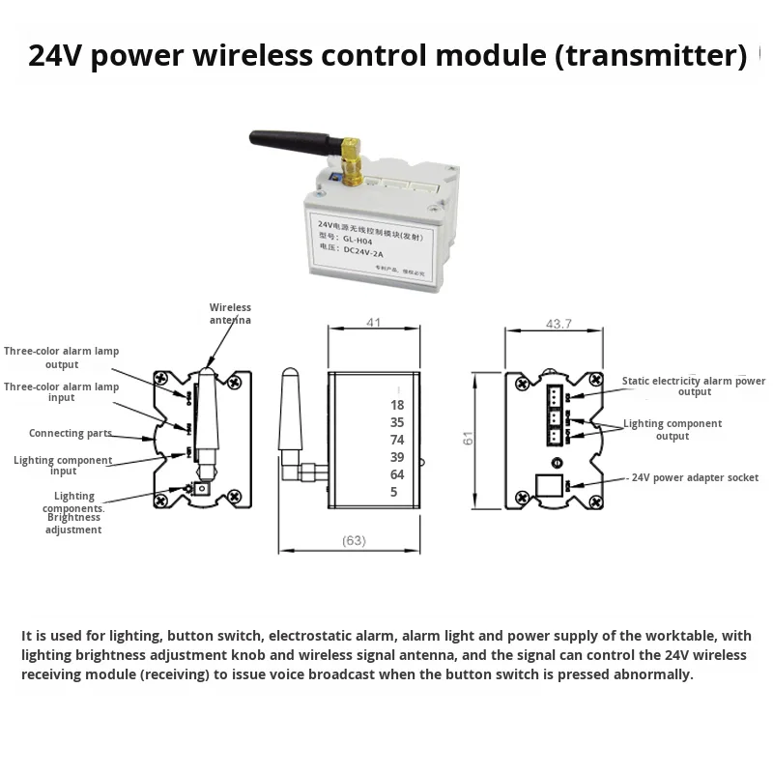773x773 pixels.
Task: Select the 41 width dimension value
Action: tap(373, 324)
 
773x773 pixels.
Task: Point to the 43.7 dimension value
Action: tap(559, 324)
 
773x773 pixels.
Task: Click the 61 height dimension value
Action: tap(469, 438)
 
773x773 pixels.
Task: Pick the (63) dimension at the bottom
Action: tap(354, 540)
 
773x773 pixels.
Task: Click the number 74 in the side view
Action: tap(397, 440)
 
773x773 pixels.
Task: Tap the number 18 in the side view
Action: tap(397, 405)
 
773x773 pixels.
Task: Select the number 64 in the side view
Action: tap(397, 474)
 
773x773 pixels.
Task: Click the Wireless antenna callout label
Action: tap(230, 313)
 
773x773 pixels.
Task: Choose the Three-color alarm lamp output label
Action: tap(62, 358)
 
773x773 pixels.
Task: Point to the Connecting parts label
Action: tap(70, 434)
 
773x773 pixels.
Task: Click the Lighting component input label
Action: tap(63, 466)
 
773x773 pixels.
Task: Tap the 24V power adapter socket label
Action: tap(695, 477)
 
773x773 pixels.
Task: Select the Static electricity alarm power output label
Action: tap(693, 386)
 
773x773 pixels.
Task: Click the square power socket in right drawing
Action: tap(549, 484)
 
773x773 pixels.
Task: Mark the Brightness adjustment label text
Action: tap(73, 524)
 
